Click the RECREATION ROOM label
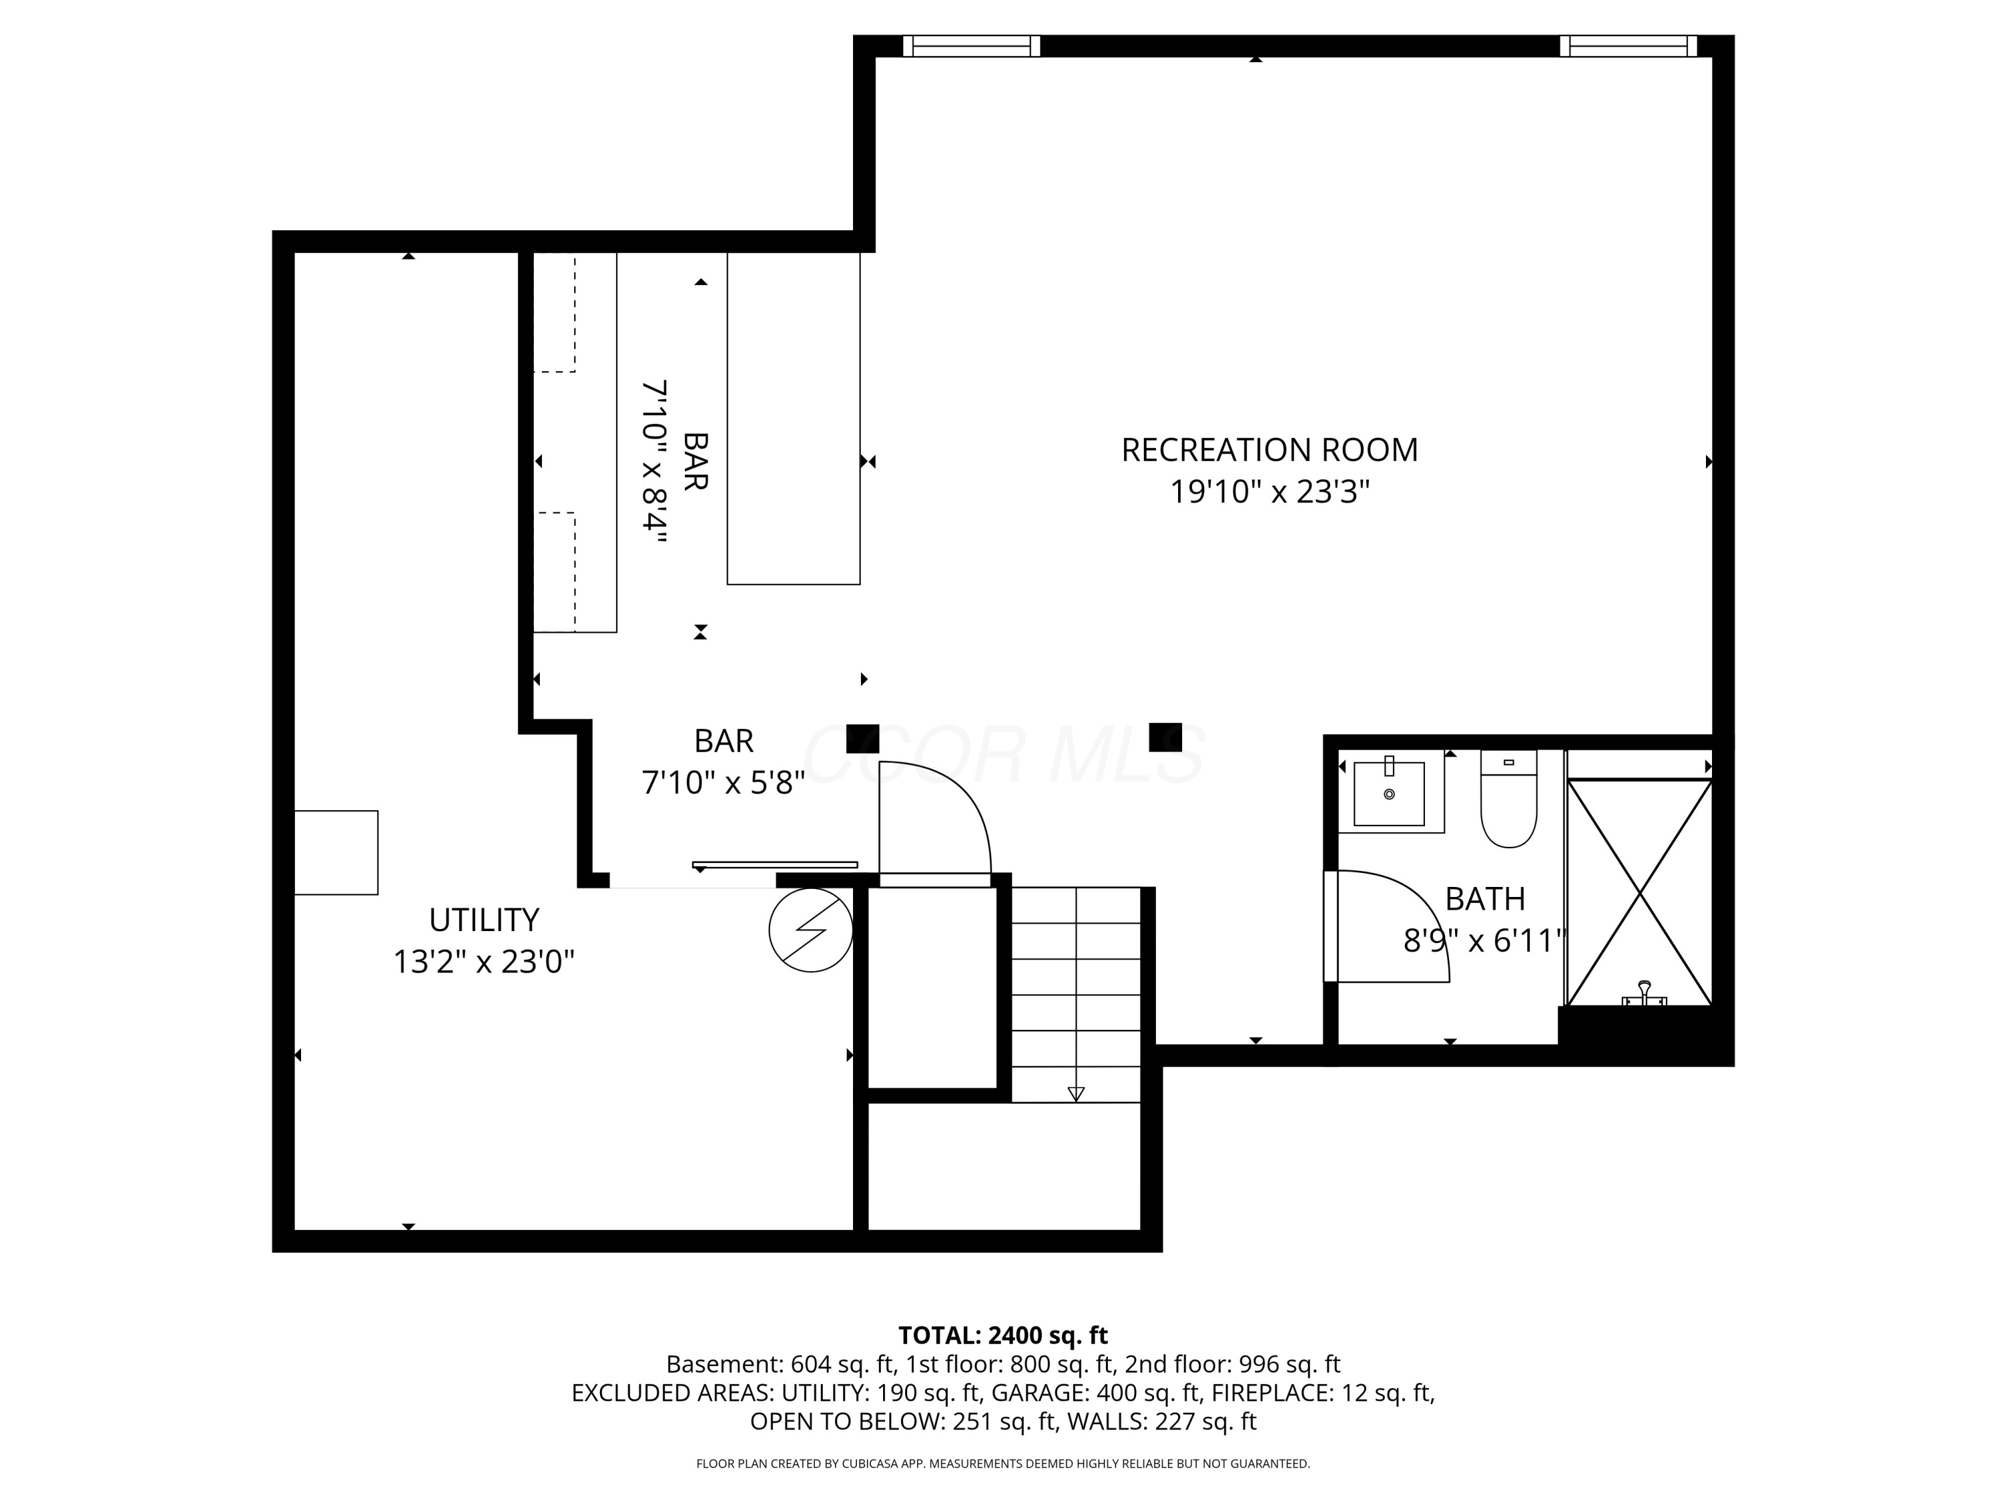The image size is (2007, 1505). coord(1269,450)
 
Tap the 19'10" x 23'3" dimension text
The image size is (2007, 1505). coord(1269,492)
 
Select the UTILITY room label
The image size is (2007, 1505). coord(484,920)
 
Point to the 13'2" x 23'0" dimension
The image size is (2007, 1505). coord(484,962)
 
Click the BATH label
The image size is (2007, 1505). coord(1485,899)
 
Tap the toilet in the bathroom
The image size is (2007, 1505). coord(1508,798)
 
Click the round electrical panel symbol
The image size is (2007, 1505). coord(810,930)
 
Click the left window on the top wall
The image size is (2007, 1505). coord(972,45)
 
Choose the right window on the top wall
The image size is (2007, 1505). coord(1628,45)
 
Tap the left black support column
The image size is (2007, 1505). coord(863,738)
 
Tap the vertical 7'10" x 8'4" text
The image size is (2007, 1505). coord(655,462)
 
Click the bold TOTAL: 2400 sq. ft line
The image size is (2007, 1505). coord(1003,1335)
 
